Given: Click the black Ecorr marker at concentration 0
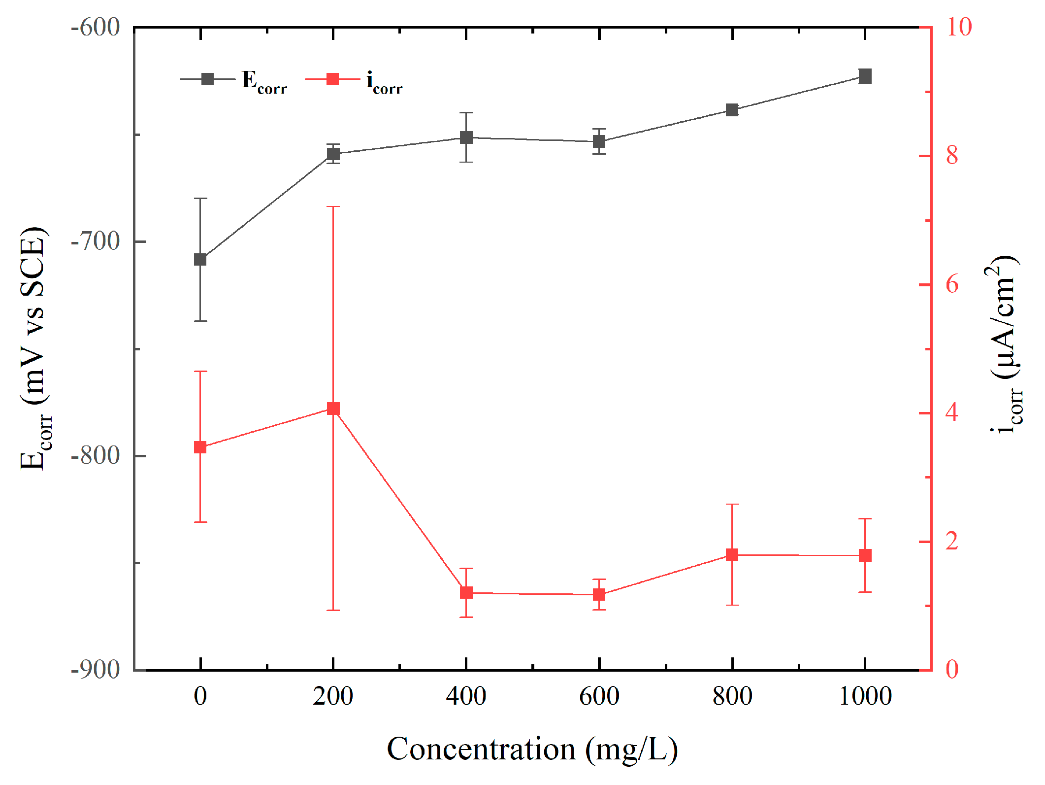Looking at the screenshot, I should click(x=200, y=259).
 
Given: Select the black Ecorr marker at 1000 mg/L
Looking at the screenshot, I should click(x=865, y=76).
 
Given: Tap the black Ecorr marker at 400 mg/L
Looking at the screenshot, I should click(x=466, y=137).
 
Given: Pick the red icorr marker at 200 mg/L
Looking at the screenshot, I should click(x=333, y=409).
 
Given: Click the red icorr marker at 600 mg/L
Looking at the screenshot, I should click(x=599, y=594).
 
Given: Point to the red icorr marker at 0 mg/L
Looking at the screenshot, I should click(x=200, y=447).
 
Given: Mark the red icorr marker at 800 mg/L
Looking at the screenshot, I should click(x=732, y=554).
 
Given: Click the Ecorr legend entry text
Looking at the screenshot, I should click(x=264, y=81).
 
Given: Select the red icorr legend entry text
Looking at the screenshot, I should click(x=384, y=81).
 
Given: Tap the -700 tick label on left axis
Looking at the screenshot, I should click(x=96, y=241).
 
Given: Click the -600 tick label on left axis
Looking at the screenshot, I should click(x=96, y=27).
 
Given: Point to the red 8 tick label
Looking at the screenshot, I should click(x=951, y=156).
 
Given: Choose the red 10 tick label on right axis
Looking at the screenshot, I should click(x=958, y=27).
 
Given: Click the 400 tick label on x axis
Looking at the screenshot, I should click(x=466, y=696).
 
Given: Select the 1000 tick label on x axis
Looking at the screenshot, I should click(x=865, y=696).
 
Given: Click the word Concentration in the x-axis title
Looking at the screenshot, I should click(x=481, y=749).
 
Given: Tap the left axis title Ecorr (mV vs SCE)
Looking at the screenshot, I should click(x=34, y=348).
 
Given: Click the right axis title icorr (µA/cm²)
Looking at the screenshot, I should click(x=1005, y=345).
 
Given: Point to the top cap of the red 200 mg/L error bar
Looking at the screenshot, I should click(x=333, y=207).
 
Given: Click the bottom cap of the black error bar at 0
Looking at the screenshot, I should click(x=200, y=321).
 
